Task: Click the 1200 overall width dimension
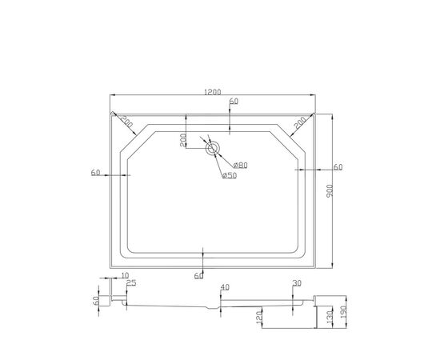coord(213,92)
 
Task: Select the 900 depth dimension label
coord(330,190)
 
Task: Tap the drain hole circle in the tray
coord(213,148)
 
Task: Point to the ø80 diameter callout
coord(241,166)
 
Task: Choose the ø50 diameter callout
coord(230,176)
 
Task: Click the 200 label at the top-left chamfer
coord(126,122)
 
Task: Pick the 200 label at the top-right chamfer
coord(301,122)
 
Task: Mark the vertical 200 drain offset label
coord(183,140)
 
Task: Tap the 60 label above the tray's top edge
coord(234,101)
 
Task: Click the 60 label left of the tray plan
coord(95,173)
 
